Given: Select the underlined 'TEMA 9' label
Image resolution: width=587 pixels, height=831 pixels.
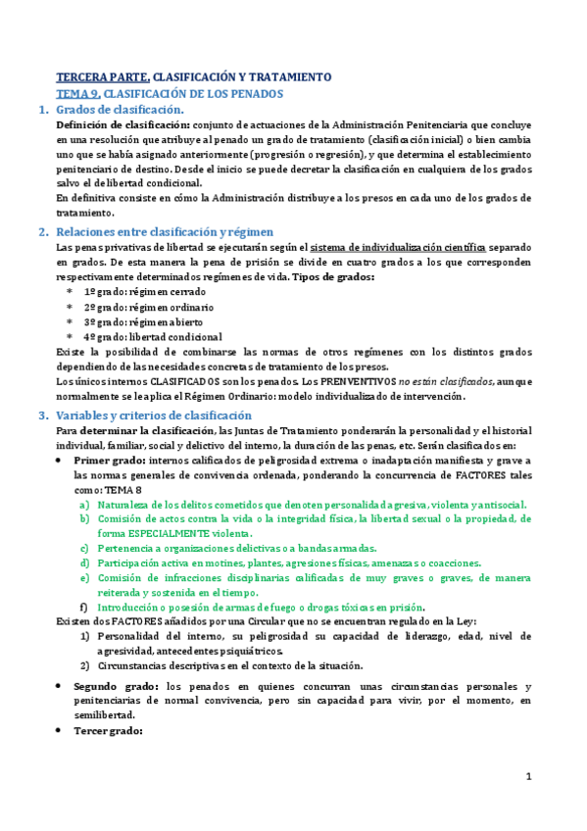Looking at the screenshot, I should pyautogui.click(x=77, y=93).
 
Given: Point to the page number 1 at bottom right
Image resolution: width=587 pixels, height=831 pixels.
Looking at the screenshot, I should pyautogui.click(x=528, y=777).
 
